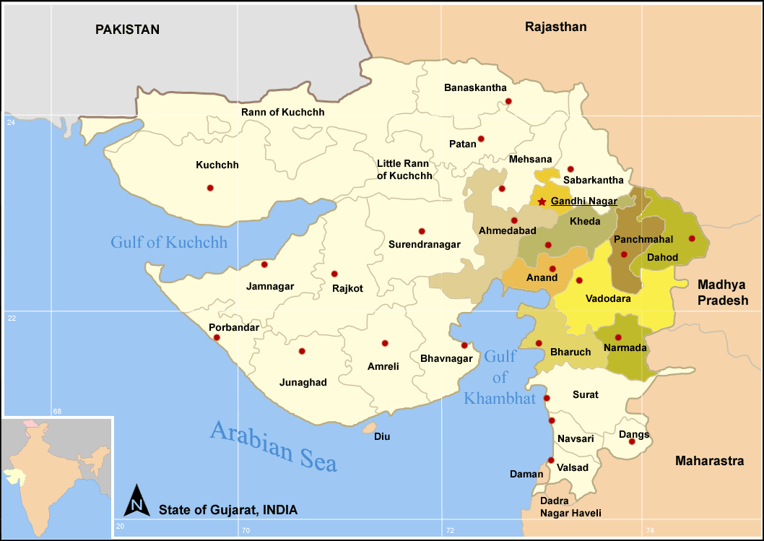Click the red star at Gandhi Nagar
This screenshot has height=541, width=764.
(x=542, y=202)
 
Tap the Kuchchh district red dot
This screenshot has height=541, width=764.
(x=210, y=188)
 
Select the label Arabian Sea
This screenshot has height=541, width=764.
(x=274, y=446)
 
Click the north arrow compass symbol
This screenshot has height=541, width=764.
(x=138, y=500)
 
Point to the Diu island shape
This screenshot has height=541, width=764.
(x=370, y=428)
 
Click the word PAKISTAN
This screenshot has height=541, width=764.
(x=127, y=30)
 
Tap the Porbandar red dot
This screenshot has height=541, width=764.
(x=217, y=337)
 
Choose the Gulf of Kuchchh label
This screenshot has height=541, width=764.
(x=169, y=242)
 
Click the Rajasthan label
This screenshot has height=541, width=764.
(x=555, y=27)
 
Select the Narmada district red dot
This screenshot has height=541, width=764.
(x=618, y=337)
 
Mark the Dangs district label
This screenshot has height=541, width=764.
(x=634, y=435)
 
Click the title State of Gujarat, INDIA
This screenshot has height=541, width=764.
(x=228, y=510)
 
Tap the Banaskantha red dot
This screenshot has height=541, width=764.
(x=508, y=101)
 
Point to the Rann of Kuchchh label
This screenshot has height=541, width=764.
(x=282, y=113)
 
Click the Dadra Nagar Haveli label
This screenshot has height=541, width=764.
(x=570, y=506)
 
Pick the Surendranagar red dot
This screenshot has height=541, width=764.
(x=422, y=231)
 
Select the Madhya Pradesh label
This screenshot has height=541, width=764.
(x=722, y=293)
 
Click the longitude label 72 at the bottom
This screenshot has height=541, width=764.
(x=450, y=531)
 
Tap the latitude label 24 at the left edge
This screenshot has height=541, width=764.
(x=11, y=124)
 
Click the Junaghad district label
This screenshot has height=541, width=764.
(x=303, y=382)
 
